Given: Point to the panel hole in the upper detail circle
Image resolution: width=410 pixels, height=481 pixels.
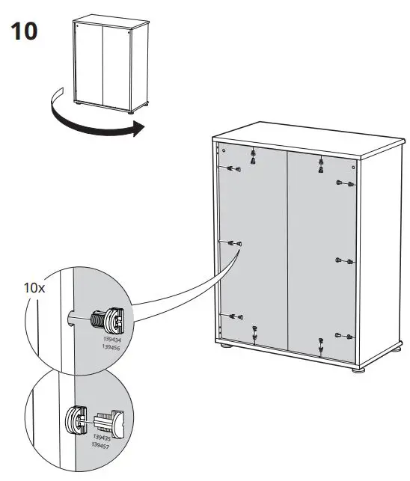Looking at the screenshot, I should click(70, 319).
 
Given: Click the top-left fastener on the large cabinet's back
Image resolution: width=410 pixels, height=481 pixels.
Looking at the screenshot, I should click(233, 169).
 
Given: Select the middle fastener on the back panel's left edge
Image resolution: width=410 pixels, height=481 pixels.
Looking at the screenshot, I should click(236, 243).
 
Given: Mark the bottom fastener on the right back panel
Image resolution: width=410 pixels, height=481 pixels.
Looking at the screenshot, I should click(320, 345).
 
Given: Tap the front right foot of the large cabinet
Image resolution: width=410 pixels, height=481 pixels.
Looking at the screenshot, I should click(358, 370).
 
